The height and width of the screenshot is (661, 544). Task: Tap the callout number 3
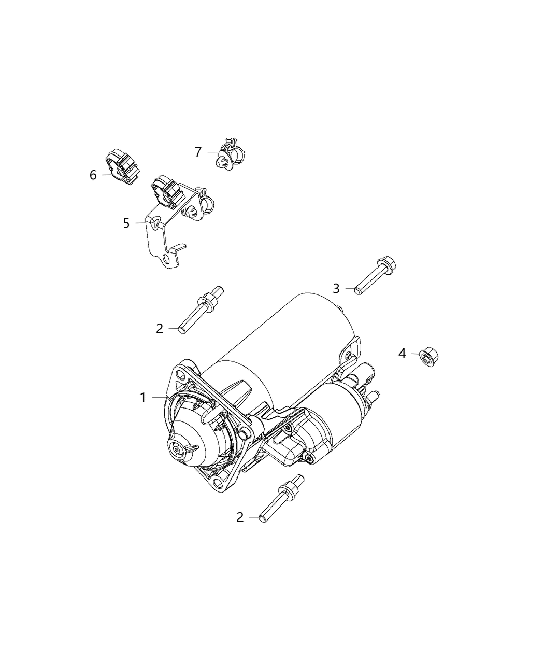(x=336, y=288)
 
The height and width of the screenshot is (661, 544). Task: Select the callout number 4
(x=402, y=353)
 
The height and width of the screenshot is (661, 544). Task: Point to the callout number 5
(x=126, y=223)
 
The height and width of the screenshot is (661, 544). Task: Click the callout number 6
(x=93, y=175)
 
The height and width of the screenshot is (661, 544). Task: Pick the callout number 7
(x=198, y=152)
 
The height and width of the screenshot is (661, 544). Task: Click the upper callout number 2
(x=160, y=329)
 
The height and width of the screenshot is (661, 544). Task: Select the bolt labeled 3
(x=375, y=277)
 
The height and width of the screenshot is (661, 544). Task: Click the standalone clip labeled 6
(x=122, y=166)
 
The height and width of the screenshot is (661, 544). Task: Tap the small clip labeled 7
(x=231, y=153)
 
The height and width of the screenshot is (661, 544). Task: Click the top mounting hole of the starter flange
(x=181, y=376)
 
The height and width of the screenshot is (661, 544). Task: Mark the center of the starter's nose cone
(x=176, y=449)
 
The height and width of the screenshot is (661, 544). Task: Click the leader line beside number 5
(x=140, y=223)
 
